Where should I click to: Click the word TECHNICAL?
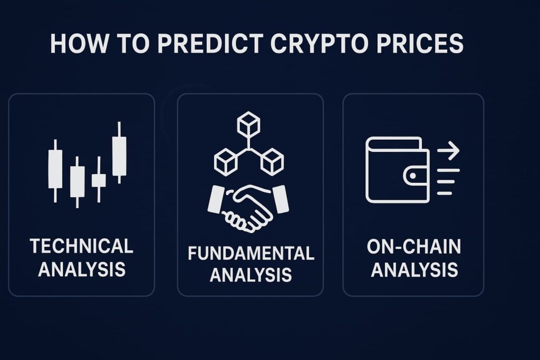click(x=82, y=246)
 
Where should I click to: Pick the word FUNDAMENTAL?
click(x=250, y=254)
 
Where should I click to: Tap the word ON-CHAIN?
click(x=413, y=247)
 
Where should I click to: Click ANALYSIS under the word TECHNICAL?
click(x=82, y=269)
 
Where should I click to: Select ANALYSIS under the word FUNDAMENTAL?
click(x=250, y=275)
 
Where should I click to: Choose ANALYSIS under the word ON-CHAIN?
click(x=414, y=270)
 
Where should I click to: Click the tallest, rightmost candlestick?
click(x=119, y=152)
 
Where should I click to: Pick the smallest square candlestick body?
click(x=99, y=181)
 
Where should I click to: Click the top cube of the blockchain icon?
click(x=248, y=123)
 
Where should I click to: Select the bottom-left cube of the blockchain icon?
click(x=226, y=162)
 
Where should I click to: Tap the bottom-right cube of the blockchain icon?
click(x=272, y=162)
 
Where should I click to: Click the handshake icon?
click(x=248, y=209)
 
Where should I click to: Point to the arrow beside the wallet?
click(x=448, y=150)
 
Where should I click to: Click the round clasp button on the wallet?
click(x=412, y=176)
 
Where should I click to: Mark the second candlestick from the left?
click(x=77, y=182)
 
